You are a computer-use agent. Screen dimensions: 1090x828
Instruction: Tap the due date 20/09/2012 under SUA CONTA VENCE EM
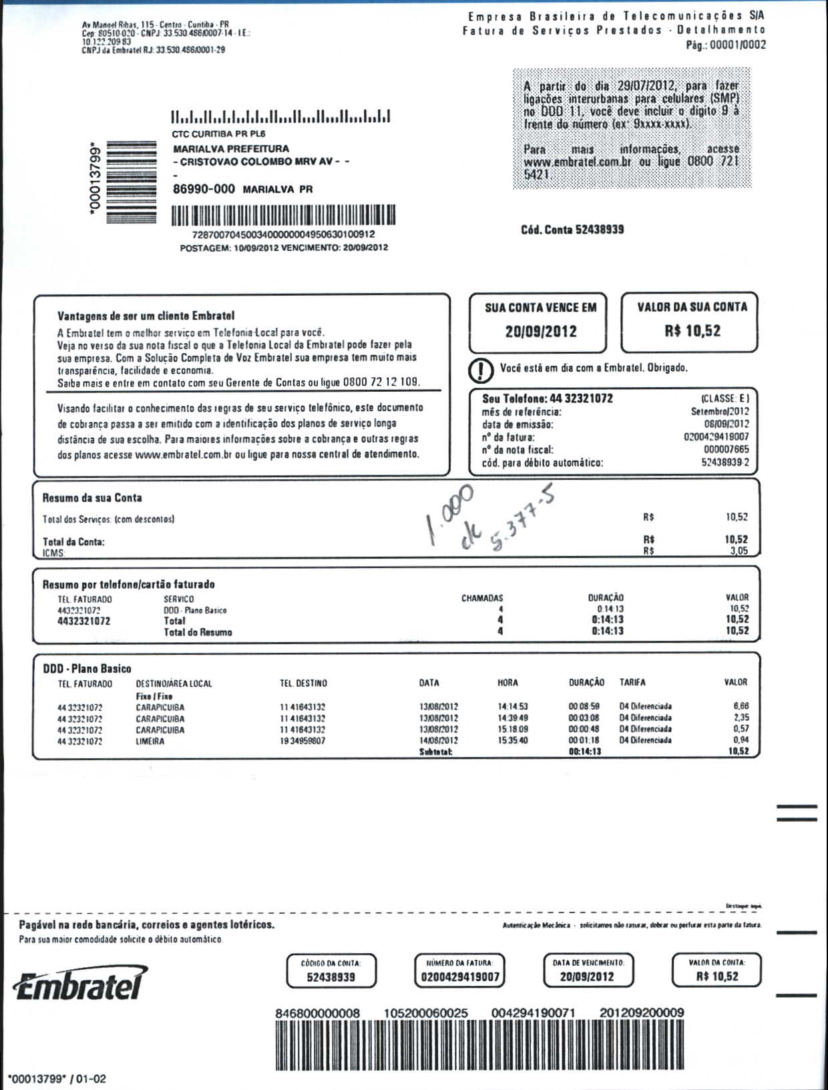coord(541,332)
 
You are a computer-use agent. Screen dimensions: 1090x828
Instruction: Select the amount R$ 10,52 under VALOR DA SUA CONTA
coord(692,331)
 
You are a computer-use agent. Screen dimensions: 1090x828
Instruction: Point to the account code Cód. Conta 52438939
coord(572,230)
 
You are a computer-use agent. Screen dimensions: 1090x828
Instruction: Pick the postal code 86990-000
coord(204,189)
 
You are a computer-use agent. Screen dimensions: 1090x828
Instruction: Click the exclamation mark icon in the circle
coord(481,369)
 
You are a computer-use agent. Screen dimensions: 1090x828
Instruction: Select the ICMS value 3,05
coord(739,551)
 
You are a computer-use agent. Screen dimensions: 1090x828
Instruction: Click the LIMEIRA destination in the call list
coord(150,741)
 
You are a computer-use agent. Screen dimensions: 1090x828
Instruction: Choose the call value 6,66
coord(741,706)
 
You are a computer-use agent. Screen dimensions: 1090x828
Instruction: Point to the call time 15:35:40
coord(513,741)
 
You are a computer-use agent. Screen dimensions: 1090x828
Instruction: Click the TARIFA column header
coord(632,683)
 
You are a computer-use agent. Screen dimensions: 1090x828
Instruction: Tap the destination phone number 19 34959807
coord(302,741)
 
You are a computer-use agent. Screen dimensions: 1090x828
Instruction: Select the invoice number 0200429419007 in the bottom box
coord(460,977)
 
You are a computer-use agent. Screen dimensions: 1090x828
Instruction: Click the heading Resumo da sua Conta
coord(92,498)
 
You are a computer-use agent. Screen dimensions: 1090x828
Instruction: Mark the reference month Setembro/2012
coord(720,412)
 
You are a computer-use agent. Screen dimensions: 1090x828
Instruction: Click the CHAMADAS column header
coord(482,598)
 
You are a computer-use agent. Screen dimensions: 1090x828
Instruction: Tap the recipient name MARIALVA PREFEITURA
coord(231,149)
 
